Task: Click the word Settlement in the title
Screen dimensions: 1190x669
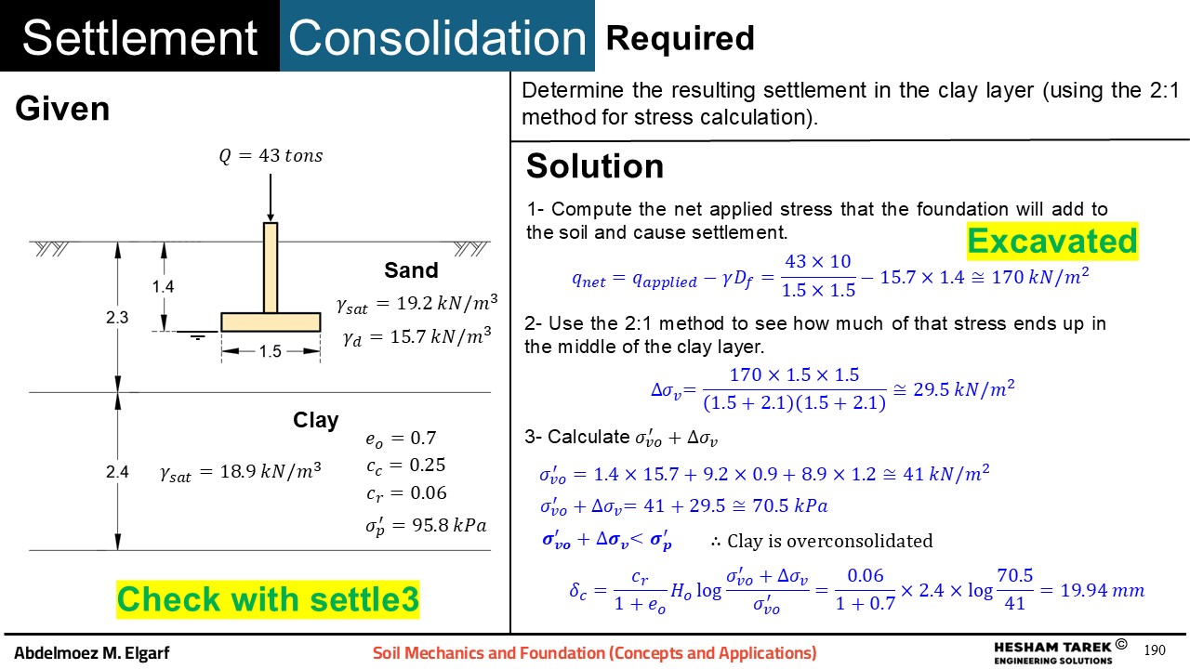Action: coord(139,38)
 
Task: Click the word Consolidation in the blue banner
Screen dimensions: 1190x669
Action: coord(437,38)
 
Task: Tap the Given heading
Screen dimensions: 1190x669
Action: coord(62,109)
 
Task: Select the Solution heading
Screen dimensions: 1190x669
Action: coord(595,166)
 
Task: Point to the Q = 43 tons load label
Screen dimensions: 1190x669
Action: coord(271,155)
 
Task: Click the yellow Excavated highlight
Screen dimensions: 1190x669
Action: coord(1052,241)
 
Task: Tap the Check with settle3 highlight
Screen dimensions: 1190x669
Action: coord(268,599)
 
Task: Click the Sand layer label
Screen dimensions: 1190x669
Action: coord(411,270)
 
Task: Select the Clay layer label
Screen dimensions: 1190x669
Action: coord(315,420)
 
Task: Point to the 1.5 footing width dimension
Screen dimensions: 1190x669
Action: coord(271,351)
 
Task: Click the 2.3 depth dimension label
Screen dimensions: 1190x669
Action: coord(117,318)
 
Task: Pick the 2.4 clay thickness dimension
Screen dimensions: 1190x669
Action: coord(117,471)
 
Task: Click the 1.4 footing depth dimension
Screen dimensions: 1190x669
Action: coord(163,287)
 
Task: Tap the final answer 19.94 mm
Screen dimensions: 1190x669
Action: coord(1103,590)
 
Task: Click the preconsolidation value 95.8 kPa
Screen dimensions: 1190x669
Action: coord(449,525)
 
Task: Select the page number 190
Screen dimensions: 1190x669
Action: coord(1155,650)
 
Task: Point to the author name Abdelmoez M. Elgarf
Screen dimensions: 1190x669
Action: coord(91,652)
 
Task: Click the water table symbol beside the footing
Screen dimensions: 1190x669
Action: coord(197,335)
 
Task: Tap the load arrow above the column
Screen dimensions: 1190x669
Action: coord(271,198)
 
